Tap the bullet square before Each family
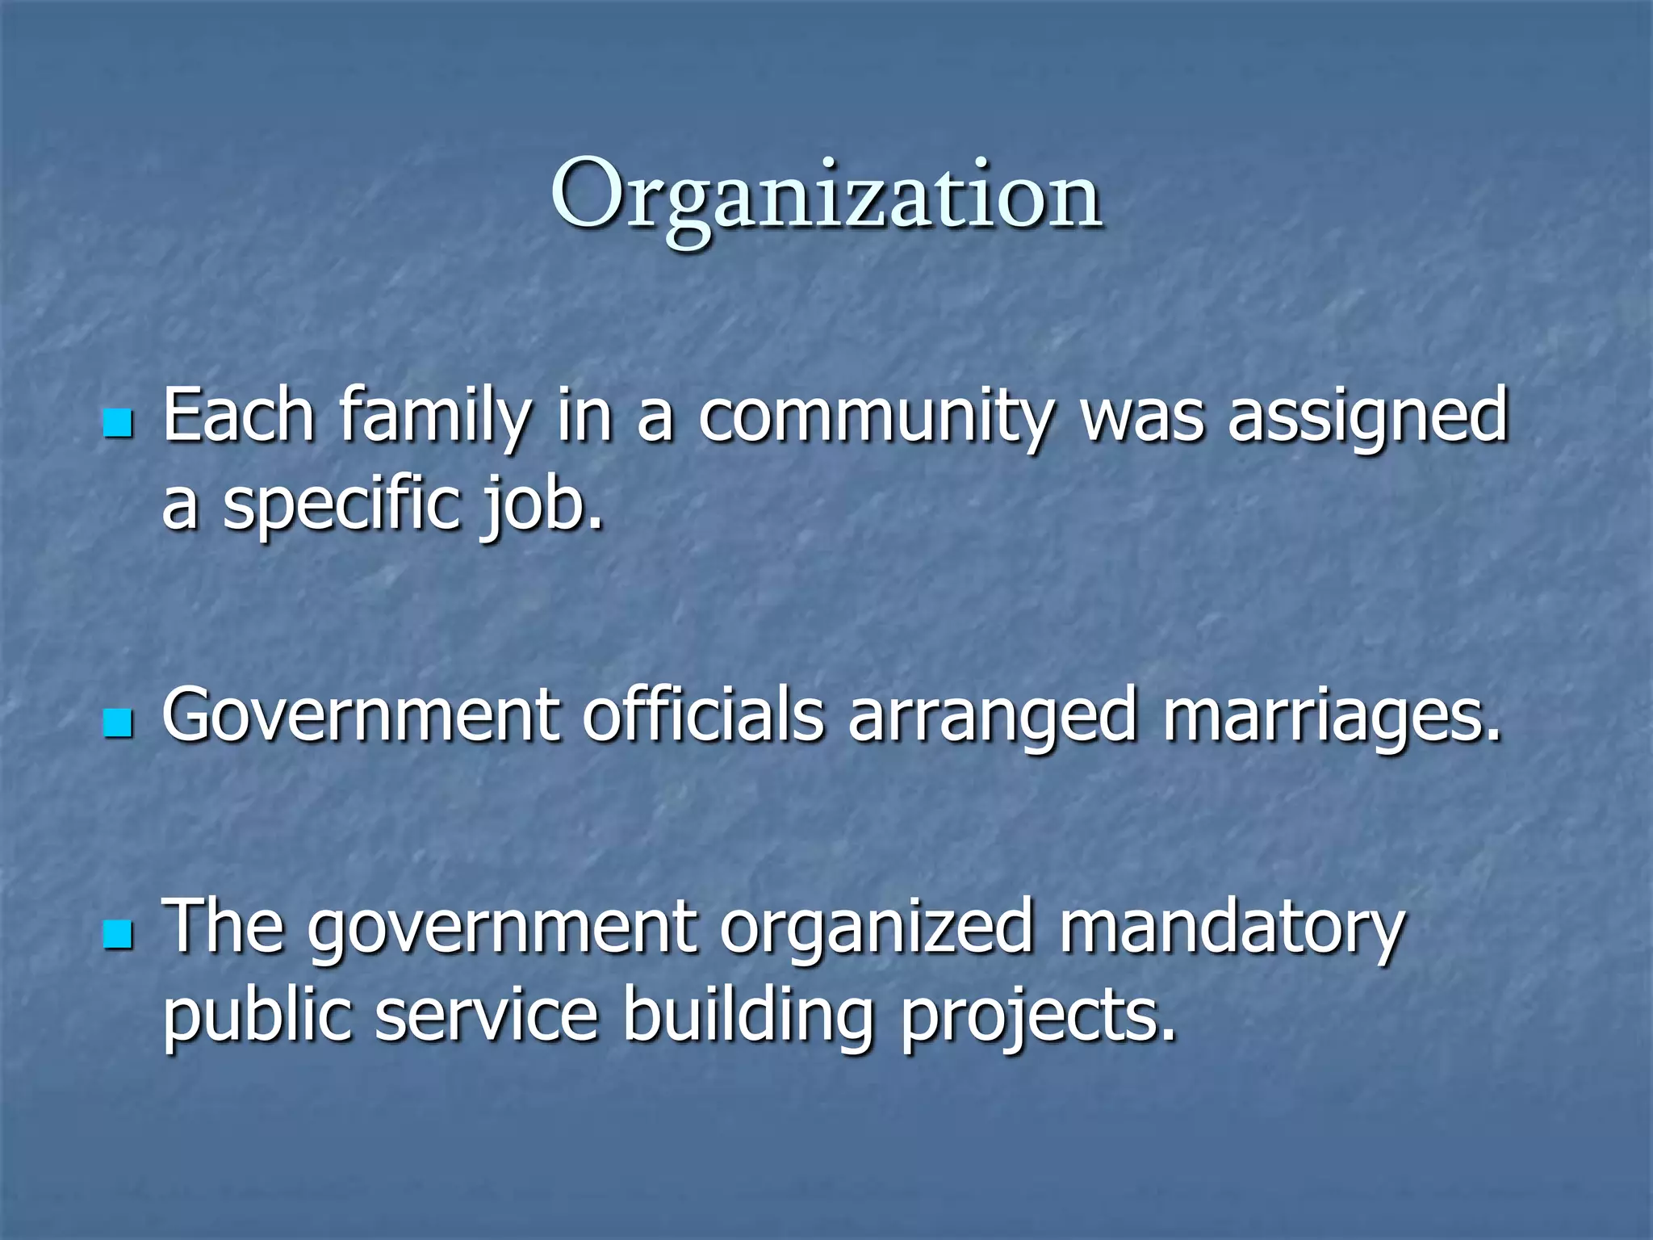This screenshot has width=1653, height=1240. (118, 422)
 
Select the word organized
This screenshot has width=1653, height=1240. (877, 928)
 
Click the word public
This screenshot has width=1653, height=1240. (257, 1016)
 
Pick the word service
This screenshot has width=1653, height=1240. (487, 1016)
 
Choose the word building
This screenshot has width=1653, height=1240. (747, 1016)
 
